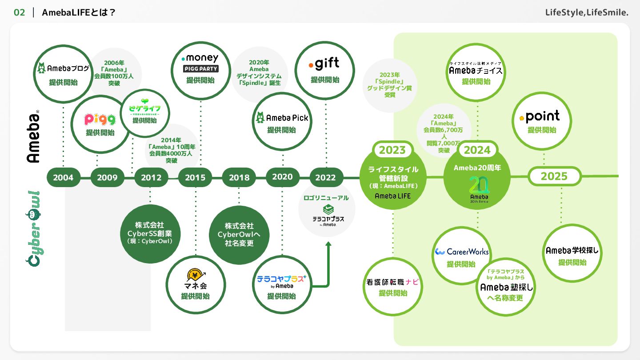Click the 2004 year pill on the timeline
pos(63,177)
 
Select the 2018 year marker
pos(239,177)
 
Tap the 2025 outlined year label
pos(554,176)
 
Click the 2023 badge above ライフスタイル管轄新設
pos(392,150)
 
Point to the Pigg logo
pos(100,119)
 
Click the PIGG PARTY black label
pos(200,69)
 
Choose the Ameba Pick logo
pos(282,118)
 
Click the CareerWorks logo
pos(462,252)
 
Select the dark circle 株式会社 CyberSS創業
pos(150,234)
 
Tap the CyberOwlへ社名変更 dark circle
pos(239,235)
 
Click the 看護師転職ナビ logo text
pos(392,282)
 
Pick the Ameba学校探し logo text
pos(572,251)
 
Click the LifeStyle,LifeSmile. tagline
pos(587,12)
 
